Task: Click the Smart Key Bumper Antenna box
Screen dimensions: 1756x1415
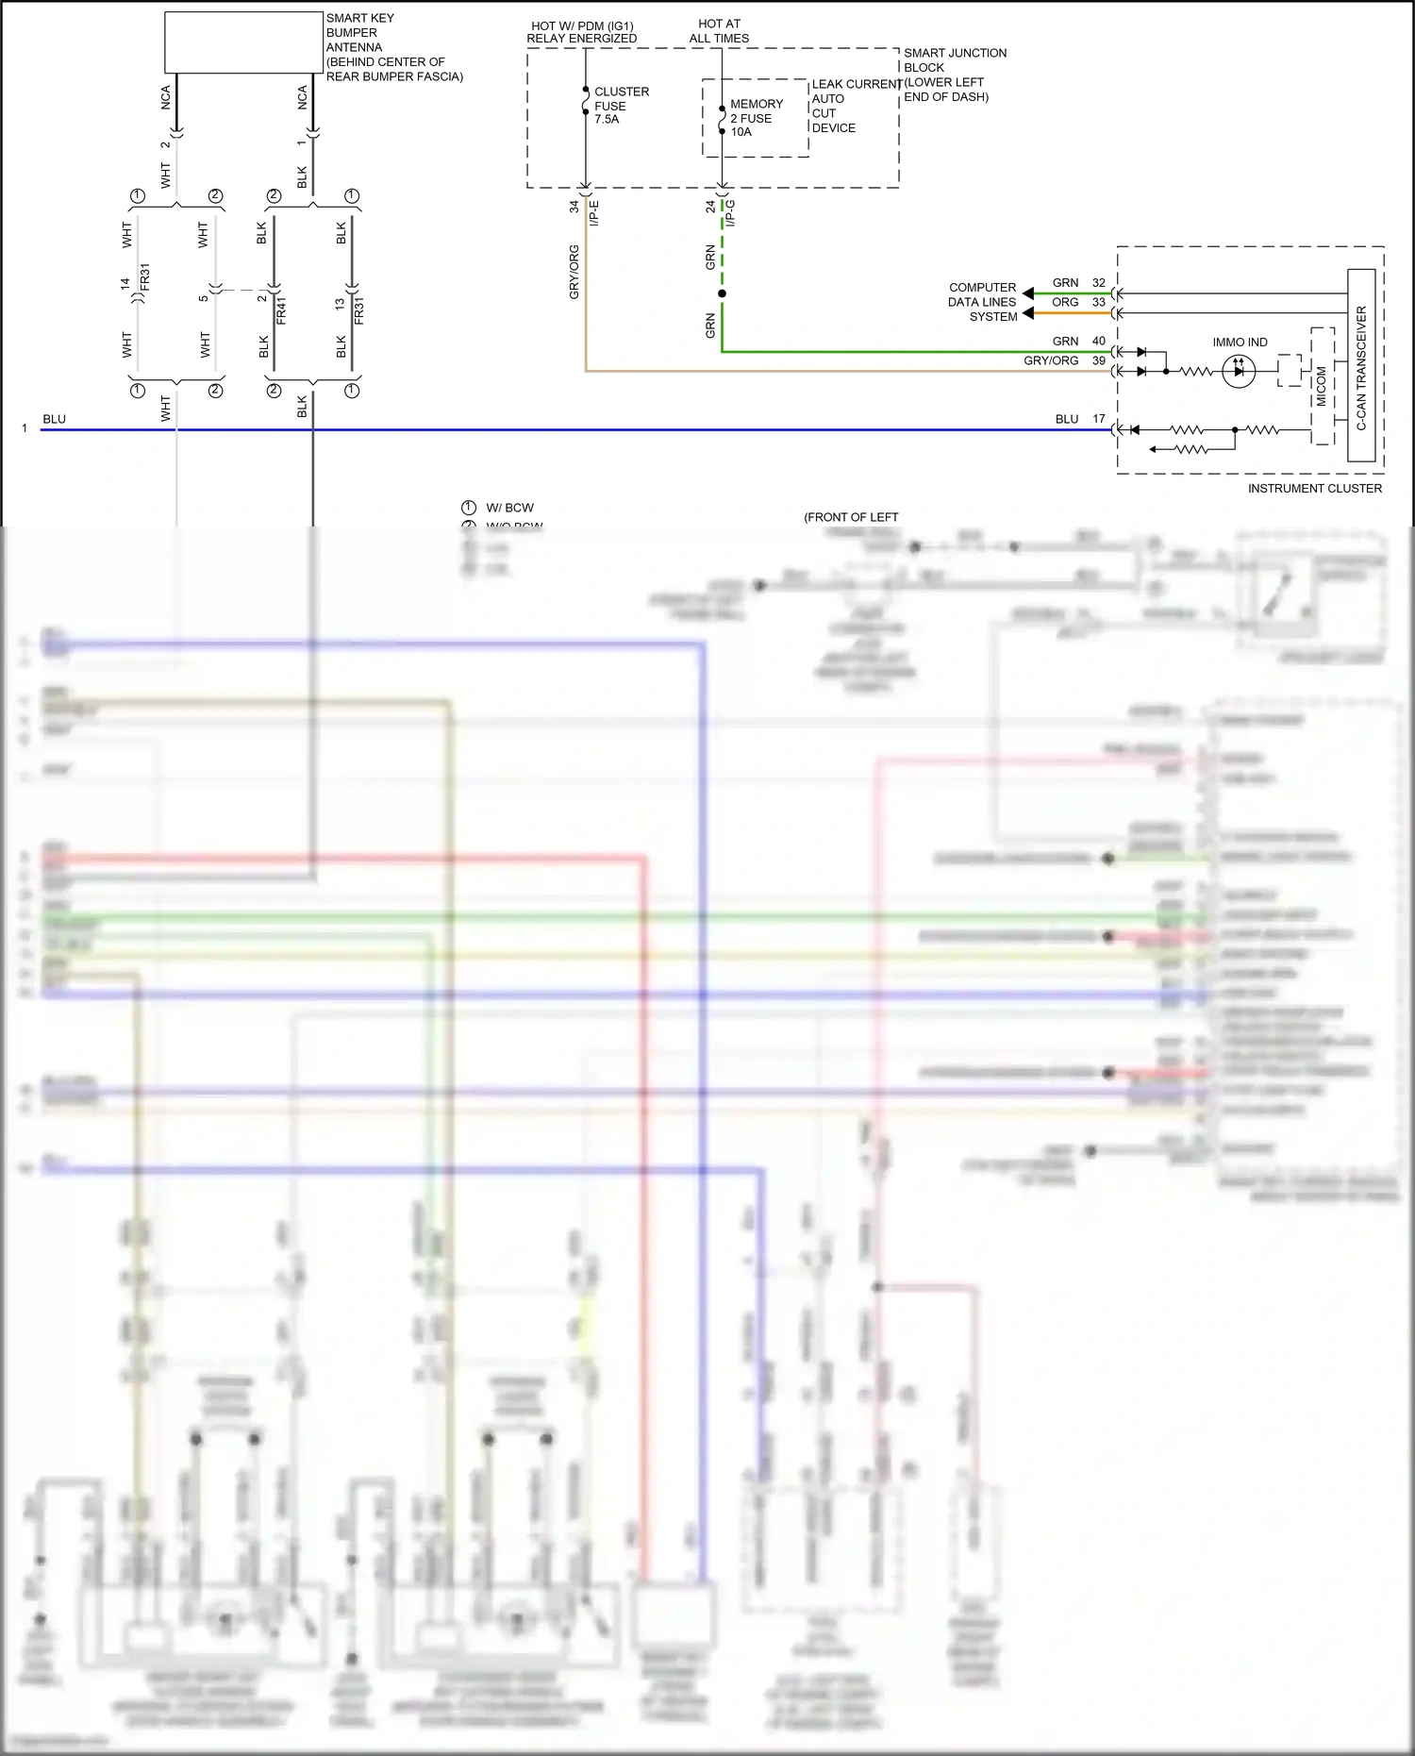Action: (x=243, y=42)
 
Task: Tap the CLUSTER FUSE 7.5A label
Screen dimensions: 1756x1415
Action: (x=620, y=106)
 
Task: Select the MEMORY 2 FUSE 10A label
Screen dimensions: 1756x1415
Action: (x=756, y=118)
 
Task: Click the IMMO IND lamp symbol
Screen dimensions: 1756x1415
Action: (x=1238, y=371)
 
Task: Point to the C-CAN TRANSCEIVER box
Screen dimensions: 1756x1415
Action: (x=1360, y=365)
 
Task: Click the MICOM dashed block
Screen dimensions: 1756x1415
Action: (x=1322, y=386)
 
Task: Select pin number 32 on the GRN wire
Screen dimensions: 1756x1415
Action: (x=1098, y=283)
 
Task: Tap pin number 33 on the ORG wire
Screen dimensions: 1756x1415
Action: (x=1098, y=303)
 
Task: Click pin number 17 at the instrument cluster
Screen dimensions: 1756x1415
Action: (x=1098, y=419)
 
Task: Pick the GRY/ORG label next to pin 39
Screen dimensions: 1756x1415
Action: (x=1050, y=361)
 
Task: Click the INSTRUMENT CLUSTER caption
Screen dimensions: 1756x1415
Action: (x=1314, y=489)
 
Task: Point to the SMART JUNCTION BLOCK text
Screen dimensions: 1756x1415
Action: (x=954, y=60)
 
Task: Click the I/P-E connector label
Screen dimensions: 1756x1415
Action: (x=594, y=213)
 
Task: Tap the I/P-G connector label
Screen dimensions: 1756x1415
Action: (x=730, y=213)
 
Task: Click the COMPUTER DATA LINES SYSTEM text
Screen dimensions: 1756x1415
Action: (x=982, y=302)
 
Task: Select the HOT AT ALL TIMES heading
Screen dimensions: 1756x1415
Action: (x=719, y=31)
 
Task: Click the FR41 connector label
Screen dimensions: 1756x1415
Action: (x=281, y=309)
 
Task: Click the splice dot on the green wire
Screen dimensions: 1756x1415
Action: (x=722, y=293)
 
